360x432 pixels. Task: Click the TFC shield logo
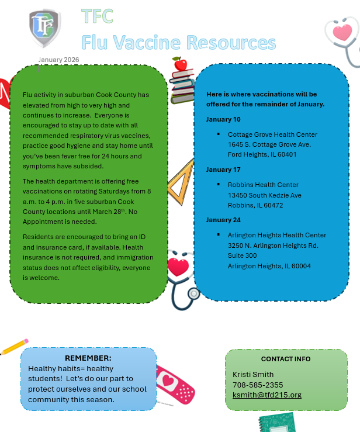pyautogui.click(x=44, y=27)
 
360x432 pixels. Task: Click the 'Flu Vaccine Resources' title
pyautogui.click(x=178, y=43)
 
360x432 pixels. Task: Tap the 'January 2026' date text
pyautogui.click(x=58, y=60)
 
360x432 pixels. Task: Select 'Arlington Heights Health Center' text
pyautogui.click(x=277, y=235)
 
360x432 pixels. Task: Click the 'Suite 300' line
pyautogui.click(x=242, y=255)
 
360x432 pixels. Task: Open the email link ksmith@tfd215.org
pyautogui.click(x=267, y=395)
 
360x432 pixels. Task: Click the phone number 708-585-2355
pyautogui.click(x=258, y=385)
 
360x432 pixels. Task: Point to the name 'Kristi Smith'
pyautogui.click(x=253, y=375)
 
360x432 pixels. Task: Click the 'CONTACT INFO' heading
pyautogui.click(x=286, y=359)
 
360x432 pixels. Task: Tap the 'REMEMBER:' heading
pyautogui.click(x=88, y=358)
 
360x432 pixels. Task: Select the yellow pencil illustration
pyautogui.click(x=14, y=347)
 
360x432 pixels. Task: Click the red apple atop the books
pyautogui.click(x=180, y=64)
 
